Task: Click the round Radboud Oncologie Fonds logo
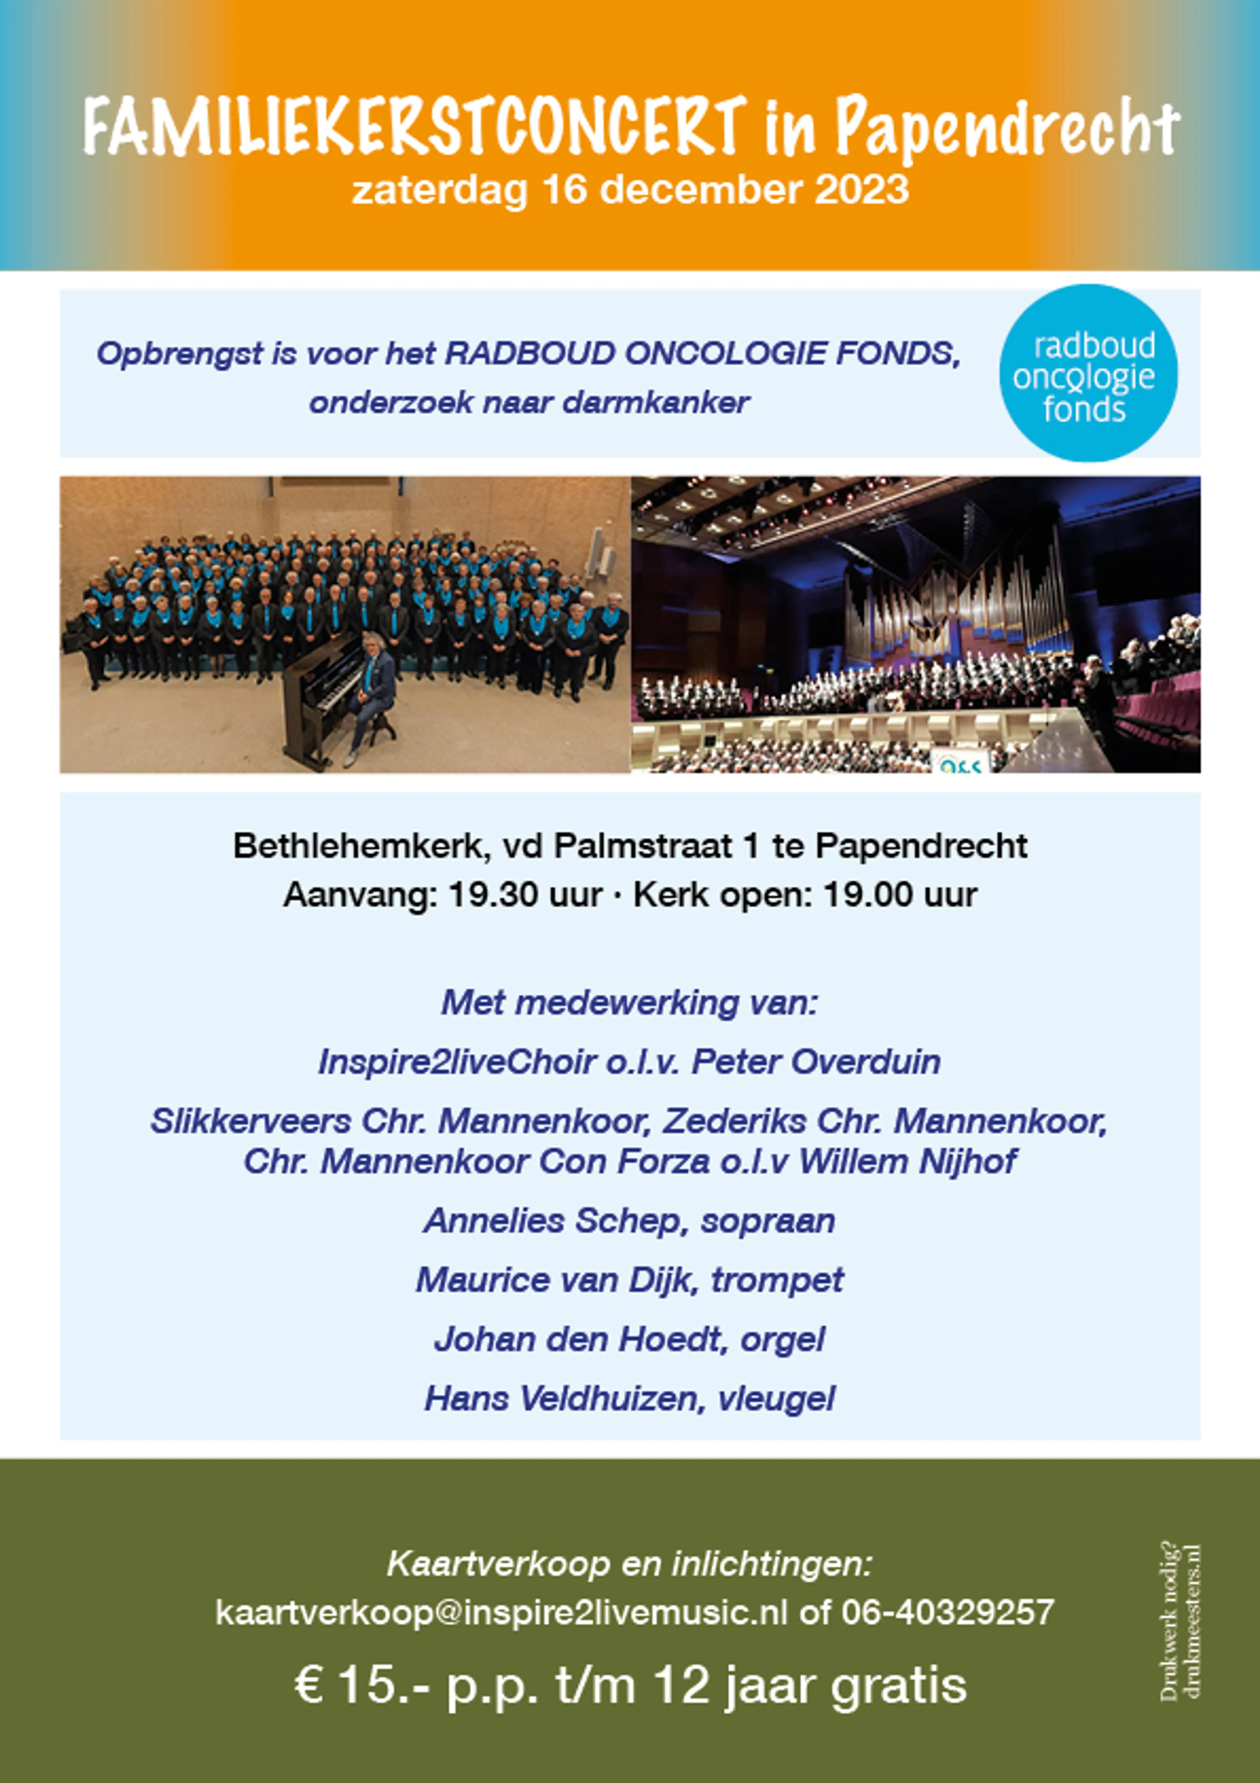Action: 1087,373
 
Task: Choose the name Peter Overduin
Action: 816,1061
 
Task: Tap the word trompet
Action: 777,1280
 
